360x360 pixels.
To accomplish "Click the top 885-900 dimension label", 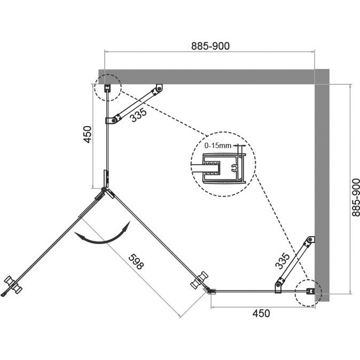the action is click(x=210, y=46).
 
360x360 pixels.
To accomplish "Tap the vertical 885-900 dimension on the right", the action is click(x=356, y=198).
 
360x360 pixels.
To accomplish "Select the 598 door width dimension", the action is click(x=136, y=262).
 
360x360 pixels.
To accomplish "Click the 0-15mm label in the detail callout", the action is click(x=217, y=146).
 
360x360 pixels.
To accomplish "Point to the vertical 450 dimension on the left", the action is click(x=88, y=134).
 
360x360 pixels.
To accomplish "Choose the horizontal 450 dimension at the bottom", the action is click(x=261, y=314).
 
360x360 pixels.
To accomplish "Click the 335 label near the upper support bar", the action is click(x=138, y=115).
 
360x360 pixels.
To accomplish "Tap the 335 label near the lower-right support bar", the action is click(x=283, y=261).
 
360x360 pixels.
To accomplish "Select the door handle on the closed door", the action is click(x=199, y=280).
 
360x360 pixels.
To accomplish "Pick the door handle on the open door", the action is click(x=13, y=285).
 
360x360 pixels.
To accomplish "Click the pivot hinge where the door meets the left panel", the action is click(x=104, y=190).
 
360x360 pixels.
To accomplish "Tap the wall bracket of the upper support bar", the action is click(x=159, y=88).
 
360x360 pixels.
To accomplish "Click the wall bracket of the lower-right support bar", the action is click(x=310, y=240).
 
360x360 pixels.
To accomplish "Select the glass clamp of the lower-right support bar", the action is click(x=278, y=286).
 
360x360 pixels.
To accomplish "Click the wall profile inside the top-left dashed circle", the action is click(x=107, y=88).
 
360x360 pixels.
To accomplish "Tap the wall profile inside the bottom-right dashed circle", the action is click(x=311, y=291).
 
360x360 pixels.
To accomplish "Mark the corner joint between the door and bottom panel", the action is click(x=210, y=291).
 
